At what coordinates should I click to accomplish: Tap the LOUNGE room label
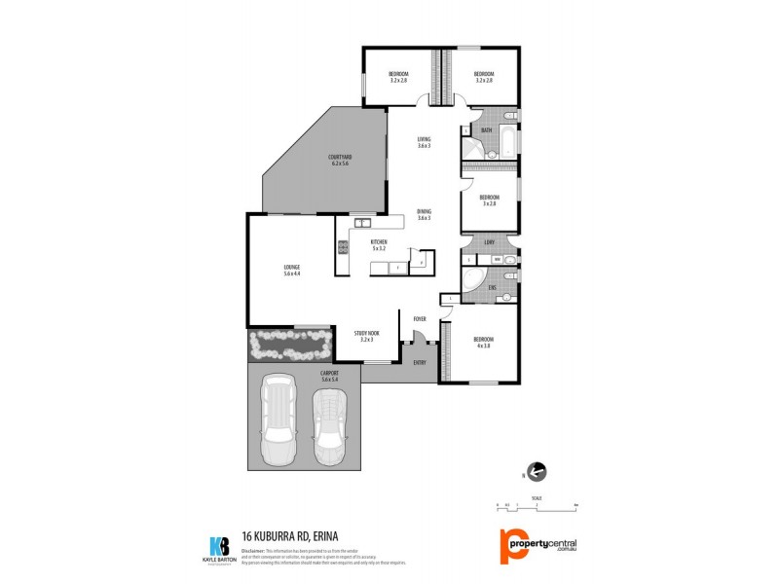[291, 270]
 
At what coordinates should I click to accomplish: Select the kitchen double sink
[360, 223]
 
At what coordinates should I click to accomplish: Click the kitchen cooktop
[342, 247]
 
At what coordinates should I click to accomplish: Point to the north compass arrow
[537, 472]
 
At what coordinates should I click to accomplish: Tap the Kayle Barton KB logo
[219, 547]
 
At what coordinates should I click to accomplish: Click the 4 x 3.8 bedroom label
[484, 342]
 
